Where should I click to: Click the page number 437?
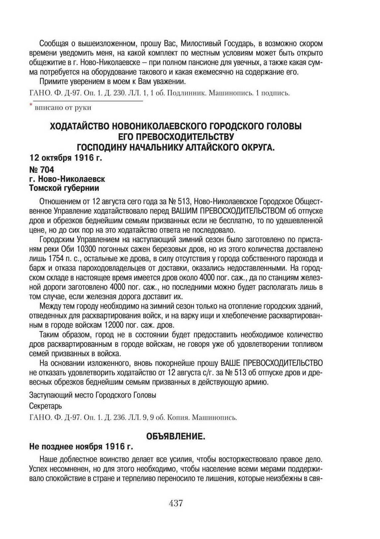pos(176,503)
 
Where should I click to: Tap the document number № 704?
pos(41,170)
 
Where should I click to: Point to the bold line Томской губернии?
pos(64,188)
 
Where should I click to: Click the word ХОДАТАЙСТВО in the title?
pos(80,126)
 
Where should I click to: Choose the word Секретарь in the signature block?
pos(45,406)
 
